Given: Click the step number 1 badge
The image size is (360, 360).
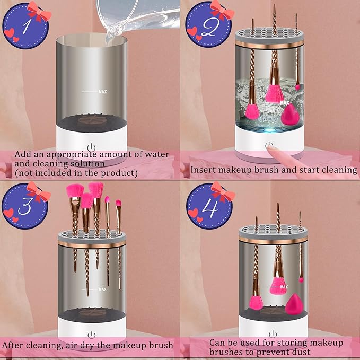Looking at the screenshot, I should coord(22,24).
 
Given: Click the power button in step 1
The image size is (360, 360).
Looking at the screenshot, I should coord(91,147).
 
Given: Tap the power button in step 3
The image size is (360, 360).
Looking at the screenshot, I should coord(91,335).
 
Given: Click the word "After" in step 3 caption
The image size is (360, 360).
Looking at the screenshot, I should coord(14,345).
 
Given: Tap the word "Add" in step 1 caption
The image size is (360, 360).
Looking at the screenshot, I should coord(23,154).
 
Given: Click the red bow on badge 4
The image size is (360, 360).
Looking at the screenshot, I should coord(222,192).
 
